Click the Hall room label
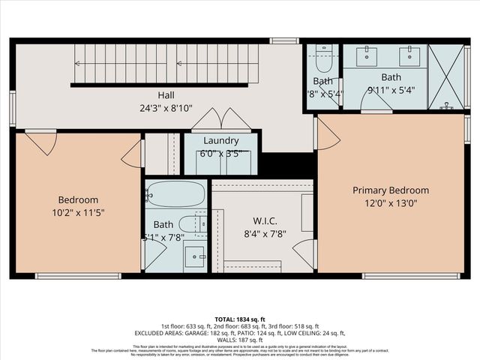coord(166,95)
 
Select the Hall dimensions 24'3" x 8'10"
coord(166,107)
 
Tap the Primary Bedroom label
coord(391,190)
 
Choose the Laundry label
coord(221,140)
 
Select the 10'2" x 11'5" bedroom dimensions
coord(79,212)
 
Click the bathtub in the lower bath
coord(175,194)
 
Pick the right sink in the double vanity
coord(409,55)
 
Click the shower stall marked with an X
coord(445,77)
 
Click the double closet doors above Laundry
coord(221,121)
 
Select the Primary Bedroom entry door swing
coord(328,133)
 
